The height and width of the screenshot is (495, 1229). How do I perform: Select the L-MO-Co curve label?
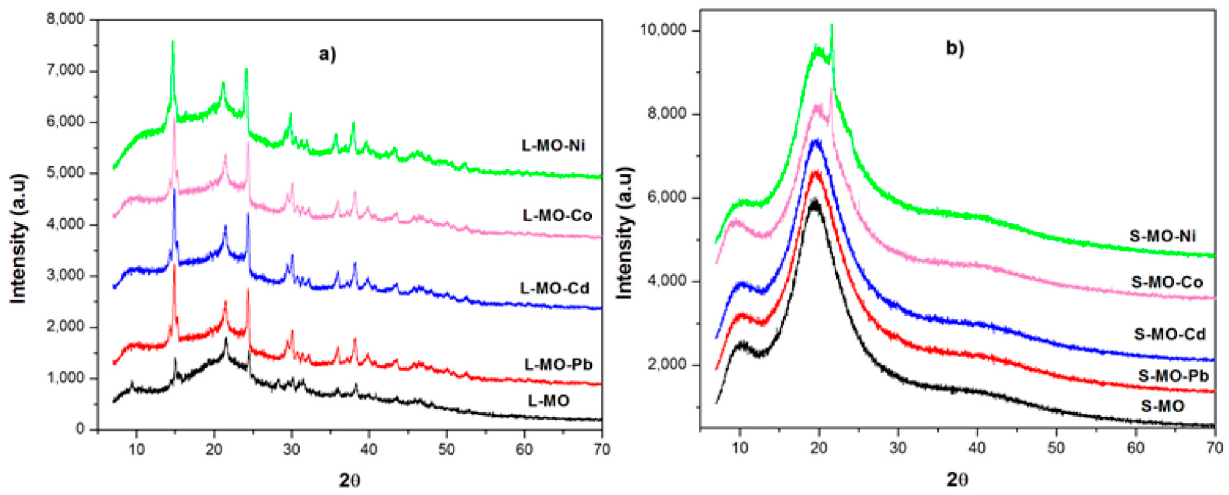point(557,216)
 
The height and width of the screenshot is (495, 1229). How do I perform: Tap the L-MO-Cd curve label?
point(554,288)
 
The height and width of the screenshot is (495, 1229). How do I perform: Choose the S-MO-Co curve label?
point(1167,282)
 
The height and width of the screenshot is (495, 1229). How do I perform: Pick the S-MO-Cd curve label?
point(1169,334)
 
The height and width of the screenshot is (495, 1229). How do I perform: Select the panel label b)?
point(955,49)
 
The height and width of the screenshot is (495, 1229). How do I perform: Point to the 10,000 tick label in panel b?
point(664,30)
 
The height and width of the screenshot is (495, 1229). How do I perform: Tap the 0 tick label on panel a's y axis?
point(80,429)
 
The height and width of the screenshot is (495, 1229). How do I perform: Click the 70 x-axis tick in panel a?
point(602,449)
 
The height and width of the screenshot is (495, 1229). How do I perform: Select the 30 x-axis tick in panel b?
point(898,448)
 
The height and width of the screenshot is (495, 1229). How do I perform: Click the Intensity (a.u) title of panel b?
point(625,233)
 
